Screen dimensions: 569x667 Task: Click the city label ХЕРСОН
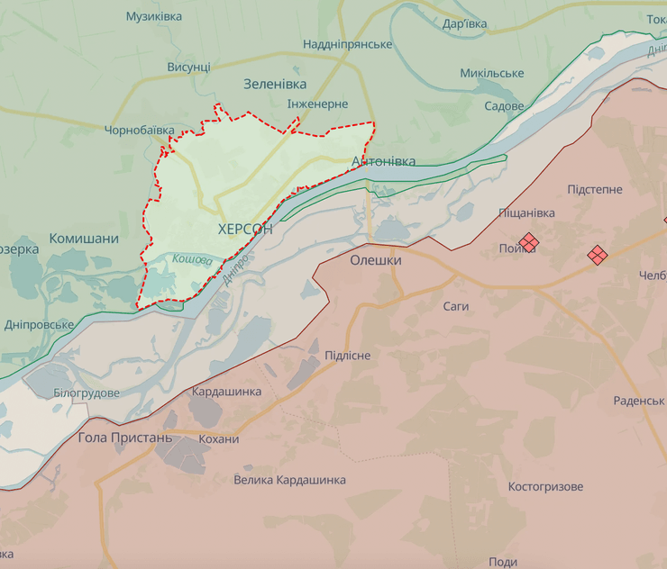245,230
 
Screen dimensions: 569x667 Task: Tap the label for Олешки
375,259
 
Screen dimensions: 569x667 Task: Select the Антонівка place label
384,161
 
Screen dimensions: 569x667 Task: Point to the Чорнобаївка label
140,131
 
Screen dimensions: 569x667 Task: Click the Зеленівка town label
275,84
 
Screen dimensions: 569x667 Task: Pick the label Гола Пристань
124,438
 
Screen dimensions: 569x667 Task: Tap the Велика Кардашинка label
289,480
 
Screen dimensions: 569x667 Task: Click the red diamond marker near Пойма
528,242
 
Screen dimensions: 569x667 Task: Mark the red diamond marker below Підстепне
597,255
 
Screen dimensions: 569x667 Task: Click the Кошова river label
192,259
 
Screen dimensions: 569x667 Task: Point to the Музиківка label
153,16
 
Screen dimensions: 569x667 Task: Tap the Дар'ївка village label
466,24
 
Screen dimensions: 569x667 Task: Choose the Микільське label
492,73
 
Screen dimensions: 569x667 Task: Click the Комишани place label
84,239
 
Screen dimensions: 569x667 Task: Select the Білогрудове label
87,393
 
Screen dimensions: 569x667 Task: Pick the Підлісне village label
347,356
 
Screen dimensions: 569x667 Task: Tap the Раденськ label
638,400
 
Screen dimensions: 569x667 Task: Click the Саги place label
456,306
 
